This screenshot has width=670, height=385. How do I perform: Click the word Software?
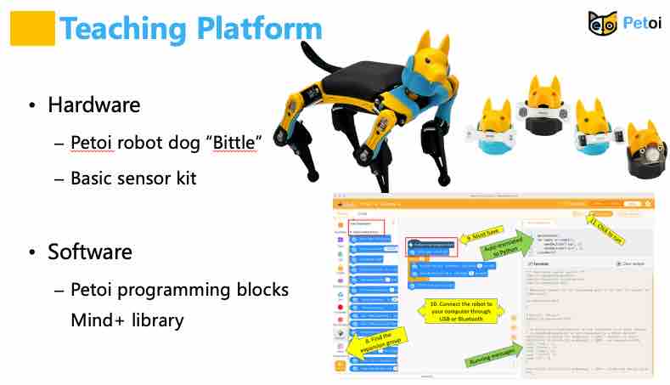click(89, 252)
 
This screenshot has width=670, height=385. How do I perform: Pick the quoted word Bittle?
click(228, 144)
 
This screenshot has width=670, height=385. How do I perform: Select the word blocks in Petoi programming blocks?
click(261, 290)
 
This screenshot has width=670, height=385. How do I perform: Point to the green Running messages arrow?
click(492, 358)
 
